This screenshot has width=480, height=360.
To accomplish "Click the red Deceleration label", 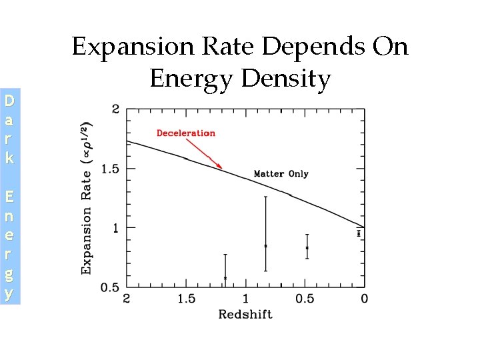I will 185,133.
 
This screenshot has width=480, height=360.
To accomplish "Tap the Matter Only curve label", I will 281,174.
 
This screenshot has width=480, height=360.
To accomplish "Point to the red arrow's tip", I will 222,168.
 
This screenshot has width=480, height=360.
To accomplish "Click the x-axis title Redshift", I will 245,314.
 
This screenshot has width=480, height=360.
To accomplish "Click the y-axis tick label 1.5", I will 110,169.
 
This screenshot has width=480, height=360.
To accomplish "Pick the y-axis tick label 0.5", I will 110,287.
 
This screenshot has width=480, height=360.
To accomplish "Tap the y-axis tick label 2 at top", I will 116,109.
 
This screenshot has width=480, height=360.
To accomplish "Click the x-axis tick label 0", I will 364,299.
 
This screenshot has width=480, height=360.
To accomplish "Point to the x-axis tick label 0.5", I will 305,299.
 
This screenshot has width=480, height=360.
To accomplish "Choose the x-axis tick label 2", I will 127,299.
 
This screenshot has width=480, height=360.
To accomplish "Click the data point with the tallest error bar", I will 265,246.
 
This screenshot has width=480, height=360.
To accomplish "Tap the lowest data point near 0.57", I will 225,278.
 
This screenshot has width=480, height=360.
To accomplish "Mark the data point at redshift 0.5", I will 307,248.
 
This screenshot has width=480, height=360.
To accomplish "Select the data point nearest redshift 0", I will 359,233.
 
